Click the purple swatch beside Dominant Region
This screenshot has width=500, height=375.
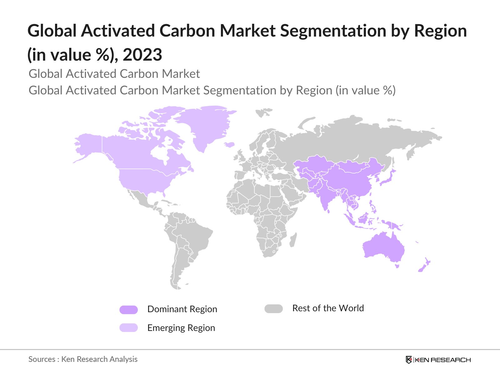coord(128,310)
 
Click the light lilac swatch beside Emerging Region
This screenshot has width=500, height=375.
coord(128,327)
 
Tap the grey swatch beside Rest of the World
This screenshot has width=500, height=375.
coord(273,309)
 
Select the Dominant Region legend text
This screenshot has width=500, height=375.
coord(182,309)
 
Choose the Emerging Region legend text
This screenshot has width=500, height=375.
coord(181,328)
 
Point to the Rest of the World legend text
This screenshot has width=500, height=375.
coord(328,308)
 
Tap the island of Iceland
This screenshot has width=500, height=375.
coord(229,145)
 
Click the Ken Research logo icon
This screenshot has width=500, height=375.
coord(409,360)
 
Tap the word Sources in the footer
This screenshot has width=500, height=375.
coord(42,359)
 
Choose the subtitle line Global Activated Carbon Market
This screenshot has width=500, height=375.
coord(114,74)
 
